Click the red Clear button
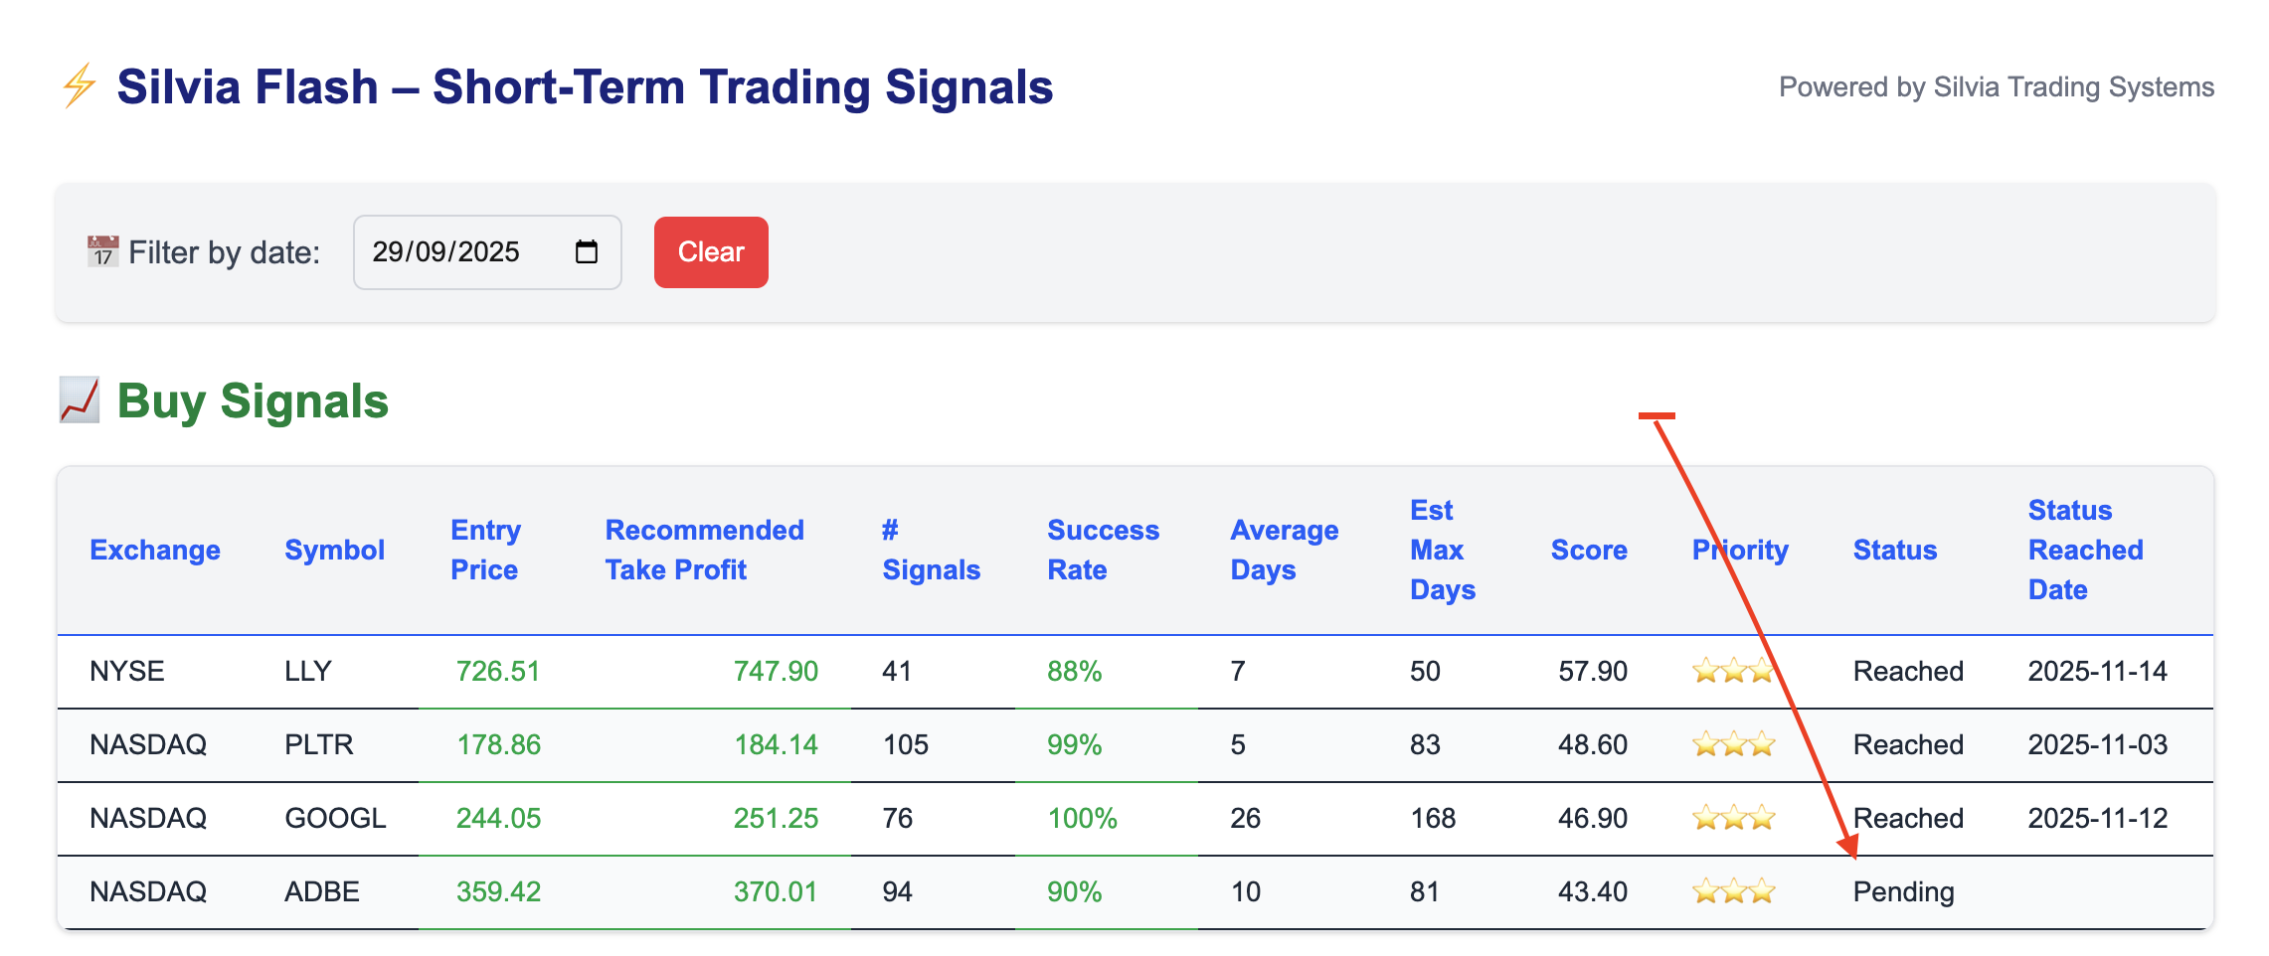(x=710, y=252)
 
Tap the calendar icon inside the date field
(x=587, y=252)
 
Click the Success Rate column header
(x=1102, y=550)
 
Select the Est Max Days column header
(x=1441, y=550)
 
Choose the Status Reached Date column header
(x=2084, y=550)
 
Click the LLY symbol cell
(x=307, y=672)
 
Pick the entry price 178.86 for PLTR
(x=498, y=745)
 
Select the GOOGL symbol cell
(x=335, y=819)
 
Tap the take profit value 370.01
(x=775, y=892)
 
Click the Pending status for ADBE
(x=1903, y=892)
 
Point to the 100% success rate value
(x=1082, y=819)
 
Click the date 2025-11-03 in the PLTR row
(x=2097, y=745)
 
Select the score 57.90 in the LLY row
(x=1592, y=672)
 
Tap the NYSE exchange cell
(x=127, y=672)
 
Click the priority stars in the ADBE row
(x=1733, y=892)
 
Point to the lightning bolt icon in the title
(x=80, y=86)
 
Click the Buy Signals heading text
(x=253, y=401)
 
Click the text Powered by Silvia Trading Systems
(x=1996, y=87)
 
